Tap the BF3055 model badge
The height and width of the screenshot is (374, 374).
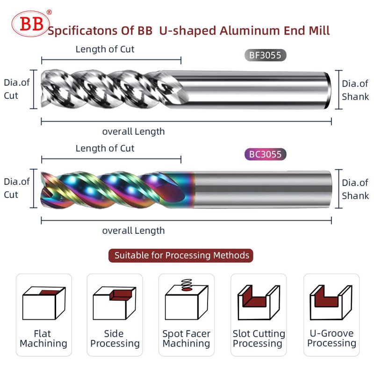265,56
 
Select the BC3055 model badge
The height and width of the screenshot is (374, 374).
265,154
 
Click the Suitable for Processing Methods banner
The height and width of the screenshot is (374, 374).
181,256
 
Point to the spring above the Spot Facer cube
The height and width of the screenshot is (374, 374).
187,283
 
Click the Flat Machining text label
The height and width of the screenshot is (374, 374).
43,338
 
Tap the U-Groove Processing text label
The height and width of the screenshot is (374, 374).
331,338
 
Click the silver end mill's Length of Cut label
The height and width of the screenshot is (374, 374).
105,49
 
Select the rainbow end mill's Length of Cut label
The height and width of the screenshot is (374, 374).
105,148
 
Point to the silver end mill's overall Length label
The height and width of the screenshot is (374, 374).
134,131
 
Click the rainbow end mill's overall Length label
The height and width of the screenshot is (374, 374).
134,230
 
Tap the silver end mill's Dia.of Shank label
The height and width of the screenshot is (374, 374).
355,90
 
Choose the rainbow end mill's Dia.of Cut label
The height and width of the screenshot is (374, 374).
17,188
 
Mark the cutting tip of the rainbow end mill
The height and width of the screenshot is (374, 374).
43,189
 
